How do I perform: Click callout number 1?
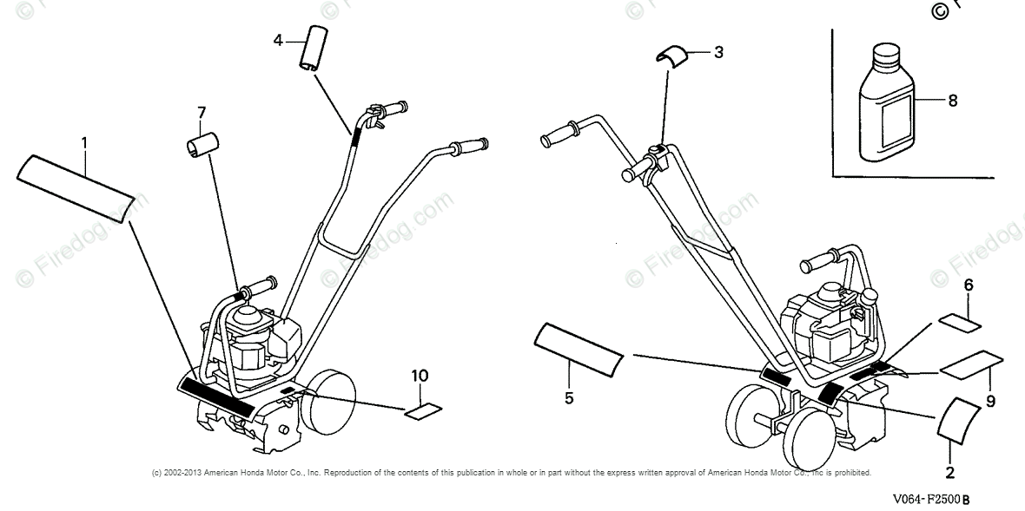[85, 141]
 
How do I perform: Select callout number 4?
[279, 40]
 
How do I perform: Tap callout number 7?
[202, 113]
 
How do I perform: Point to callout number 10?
[420, 376]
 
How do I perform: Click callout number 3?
[718, 52]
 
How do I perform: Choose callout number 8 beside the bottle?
[953, 101]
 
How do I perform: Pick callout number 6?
[969, 284]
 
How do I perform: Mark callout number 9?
[990, 402]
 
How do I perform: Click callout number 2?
[949, 472]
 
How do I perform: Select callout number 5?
[568, 398]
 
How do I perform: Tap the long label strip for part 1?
[76, 185]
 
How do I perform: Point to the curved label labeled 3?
[671, 53]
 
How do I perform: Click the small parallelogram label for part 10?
[424, 412]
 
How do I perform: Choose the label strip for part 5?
[578, 350]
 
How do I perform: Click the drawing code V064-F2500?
[929, 501]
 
